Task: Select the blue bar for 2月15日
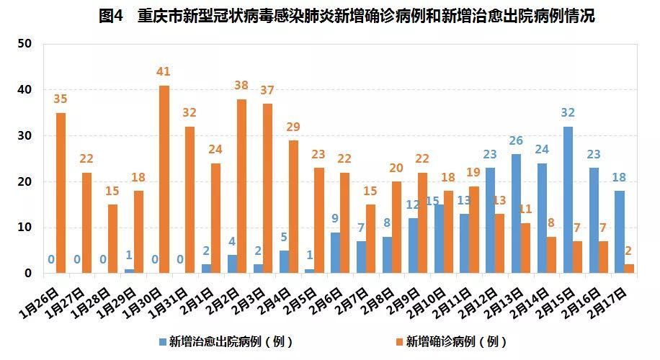[x=568, y=200]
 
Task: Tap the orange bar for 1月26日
[x=61, y=193]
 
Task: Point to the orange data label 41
[x=164, y=72]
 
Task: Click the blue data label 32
[x=568, y=113]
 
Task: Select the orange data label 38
[x=241, y=85]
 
